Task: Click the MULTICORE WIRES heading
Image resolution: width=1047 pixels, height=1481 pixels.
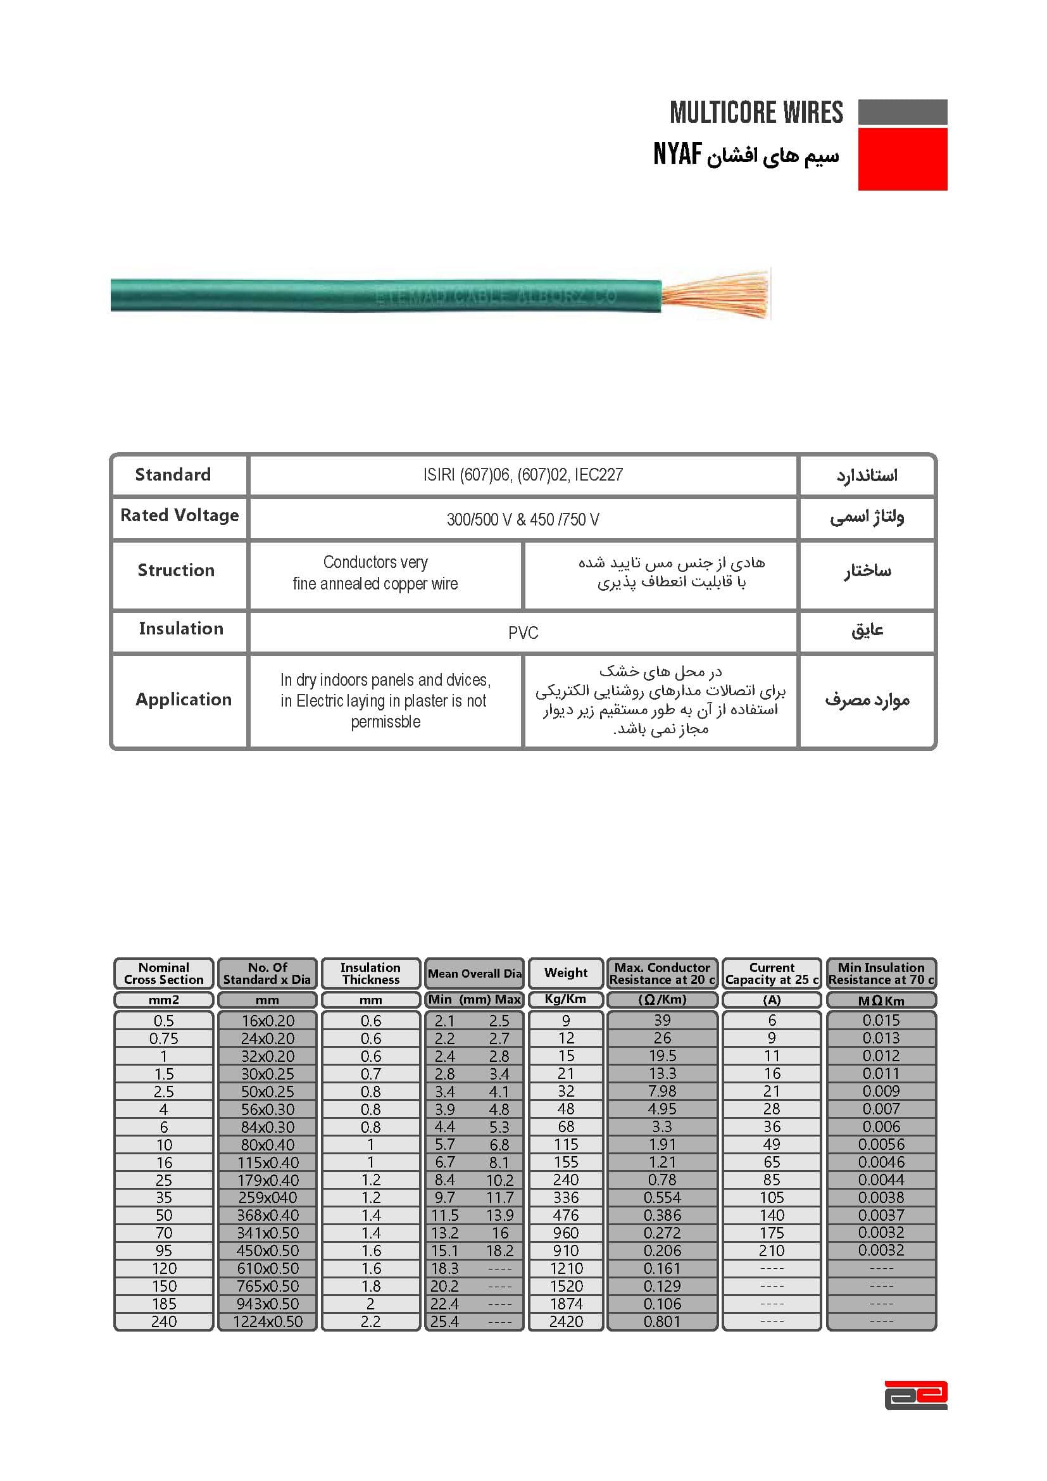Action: point(756,112)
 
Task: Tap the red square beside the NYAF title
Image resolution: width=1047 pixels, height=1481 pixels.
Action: point(902,159)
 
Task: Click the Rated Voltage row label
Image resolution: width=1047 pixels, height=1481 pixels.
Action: point(179,515)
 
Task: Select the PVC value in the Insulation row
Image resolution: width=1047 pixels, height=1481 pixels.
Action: point(523,633)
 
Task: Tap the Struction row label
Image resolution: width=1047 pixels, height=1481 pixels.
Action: point(176,570)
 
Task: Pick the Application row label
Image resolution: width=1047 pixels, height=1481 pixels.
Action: point(183,699)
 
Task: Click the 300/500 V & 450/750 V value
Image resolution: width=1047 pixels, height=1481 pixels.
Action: point(523,519)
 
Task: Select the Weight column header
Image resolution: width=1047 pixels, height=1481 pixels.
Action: point(565,973)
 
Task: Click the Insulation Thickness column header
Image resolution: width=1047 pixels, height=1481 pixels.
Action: point(370,973)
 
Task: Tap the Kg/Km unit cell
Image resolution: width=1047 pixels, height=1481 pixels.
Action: point(565,999)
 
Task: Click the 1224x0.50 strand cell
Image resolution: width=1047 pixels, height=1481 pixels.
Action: point(268,1321)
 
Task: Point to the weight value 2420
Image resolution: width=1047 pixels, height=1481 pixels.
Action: point(565,1321)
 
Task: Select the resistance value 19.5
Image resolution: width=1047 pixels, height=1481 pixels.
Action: point(662,1056)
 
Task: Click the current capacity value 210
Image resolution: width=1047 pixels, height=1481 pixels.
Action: point(771,1251)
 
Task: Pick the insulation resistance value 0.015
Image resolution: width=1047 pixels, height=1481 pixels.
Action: point(881,1021)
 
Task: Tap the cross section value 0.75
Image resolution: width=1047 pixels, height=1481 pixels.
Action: point(164,1038)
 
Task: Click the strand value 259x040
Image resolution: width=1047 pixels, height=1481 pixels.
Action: point(268,1198)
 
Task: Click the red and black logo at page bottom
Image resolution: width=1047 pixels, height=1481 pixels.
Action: point(915,1396)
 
